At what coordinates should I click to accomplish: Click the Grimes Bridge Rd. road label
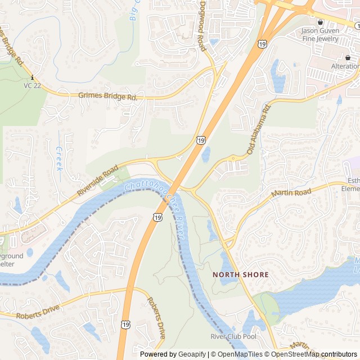tap(108, 97)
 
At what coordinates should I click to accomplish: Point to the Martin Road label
tap(291, 193)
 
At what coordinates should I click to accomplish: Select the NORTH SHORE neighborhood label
tap(240, 274)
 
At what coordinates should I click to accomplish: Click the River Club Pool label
tap(233, 336)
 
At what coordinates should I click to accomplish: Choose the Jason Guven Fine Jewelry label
tap(320, 34)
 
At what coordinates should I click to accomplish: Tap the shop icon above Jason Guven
tap(320, 22)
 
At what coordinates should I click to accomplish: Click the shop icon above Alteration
tap(348, 58)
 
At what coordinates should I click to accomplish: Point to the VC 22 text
tap(32, 85)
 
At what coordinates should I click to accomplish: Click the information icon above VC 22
tap(33, 77)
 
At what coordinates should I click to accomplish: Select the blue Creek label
tap(59, 159)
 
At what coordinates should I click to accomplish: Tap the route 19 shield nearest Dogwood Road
tap(263, 43)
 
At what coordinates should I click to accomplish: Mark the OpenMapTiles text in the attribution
tap(238, 354)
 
